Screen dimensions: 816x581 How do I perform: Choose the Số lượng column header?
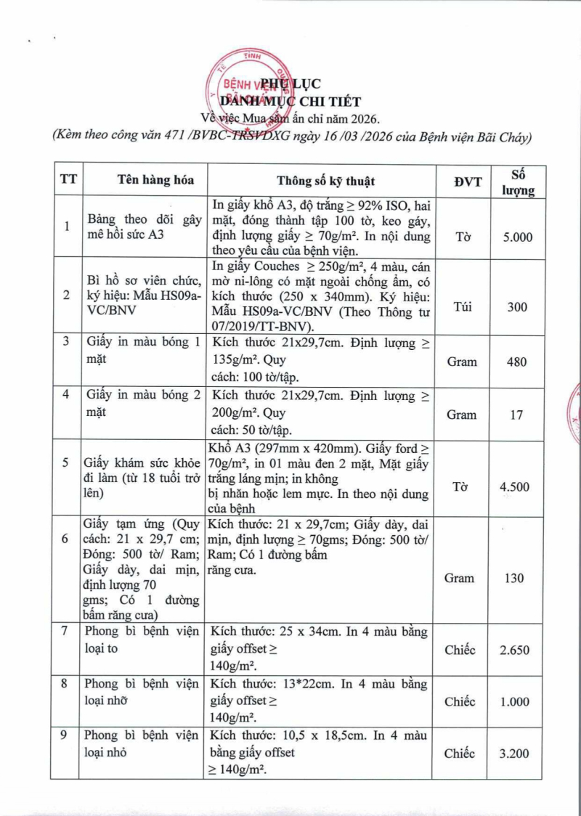[x=519, y=181]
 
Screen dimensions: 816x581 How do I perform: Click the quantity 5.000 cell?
[x=519, y=237]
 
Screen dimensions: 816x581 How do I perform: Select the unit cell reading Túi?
[x=462, y=306]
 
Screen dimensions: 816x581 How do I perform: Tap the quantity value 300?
[x=518, y=306]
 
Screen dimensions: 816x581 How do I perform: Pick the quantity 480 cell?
[x=518, y=362]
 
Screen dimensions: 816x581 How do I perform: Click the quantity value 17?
[x=518, y=415]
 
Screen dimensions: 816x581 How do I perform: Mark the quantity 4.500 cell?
[x=518, y=486]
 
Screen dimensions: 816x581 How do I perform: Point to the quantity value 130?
[x=518, y=578]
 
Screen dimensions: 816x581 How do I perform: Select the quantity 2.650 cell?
[x=518, y=650]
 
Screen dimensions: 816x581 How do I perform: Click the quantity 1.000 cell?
[x=518, y=701]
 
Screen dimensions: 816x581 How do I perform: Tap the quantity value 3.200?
[x=518, y=754]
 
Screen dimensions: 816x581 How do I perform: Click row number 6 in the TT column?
[x=65, y=539]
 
